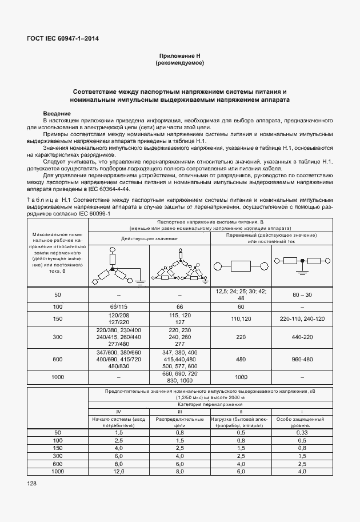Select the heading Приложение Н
tap(180, 55)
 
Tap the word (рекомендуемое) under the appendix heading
tap(180, 62)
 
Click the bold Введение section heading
tap(57, 114)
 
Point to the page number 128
tap(31, 484)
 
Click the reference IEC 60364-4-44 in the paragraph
tap(109, 188)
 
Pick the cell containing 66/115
tap(118, 307)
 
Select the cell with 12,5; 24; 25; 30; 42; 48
tap(241, 294)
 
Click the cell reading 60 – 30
tap(302, 294)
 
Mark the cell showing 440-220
tap(302, 337)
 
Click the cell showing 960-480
tap(302, 360)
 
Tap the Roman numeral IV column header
tap(118, 411)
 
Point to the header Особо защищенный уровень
tap(302, 422)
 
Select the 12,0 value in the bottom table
tap(118, 471)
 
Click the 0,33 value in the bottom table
tap(302, 433)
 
